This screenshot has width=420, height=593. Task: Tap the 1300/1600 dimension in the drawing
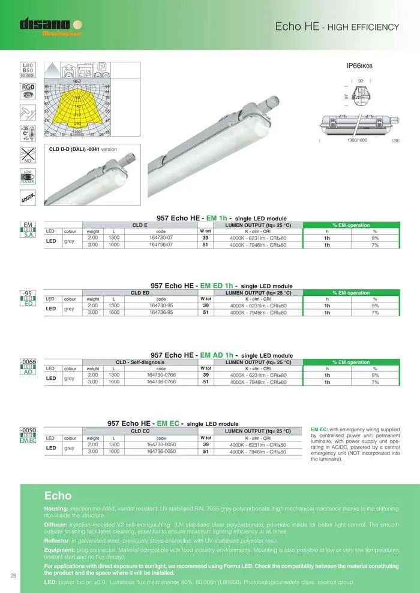356,140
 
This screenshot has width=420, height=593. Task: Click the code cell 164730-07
161,238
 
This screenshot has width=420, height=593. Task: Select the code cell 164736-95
161,312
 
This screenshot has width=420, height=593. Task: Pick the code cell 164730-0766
161,375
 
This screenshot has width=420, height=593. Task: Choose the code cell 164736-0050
161,452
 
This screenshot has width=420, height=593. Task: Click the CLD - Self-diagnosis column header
140,362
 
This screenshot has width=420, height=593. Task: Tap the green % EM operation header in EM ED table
351,293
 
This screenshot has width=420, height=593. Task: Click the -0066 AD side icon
28,366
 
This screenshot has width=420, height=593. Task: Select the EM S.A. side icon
28,229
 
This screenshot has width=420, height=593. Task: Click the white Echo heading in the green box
58,495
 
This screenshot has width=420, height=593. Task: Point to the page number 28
13,576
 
